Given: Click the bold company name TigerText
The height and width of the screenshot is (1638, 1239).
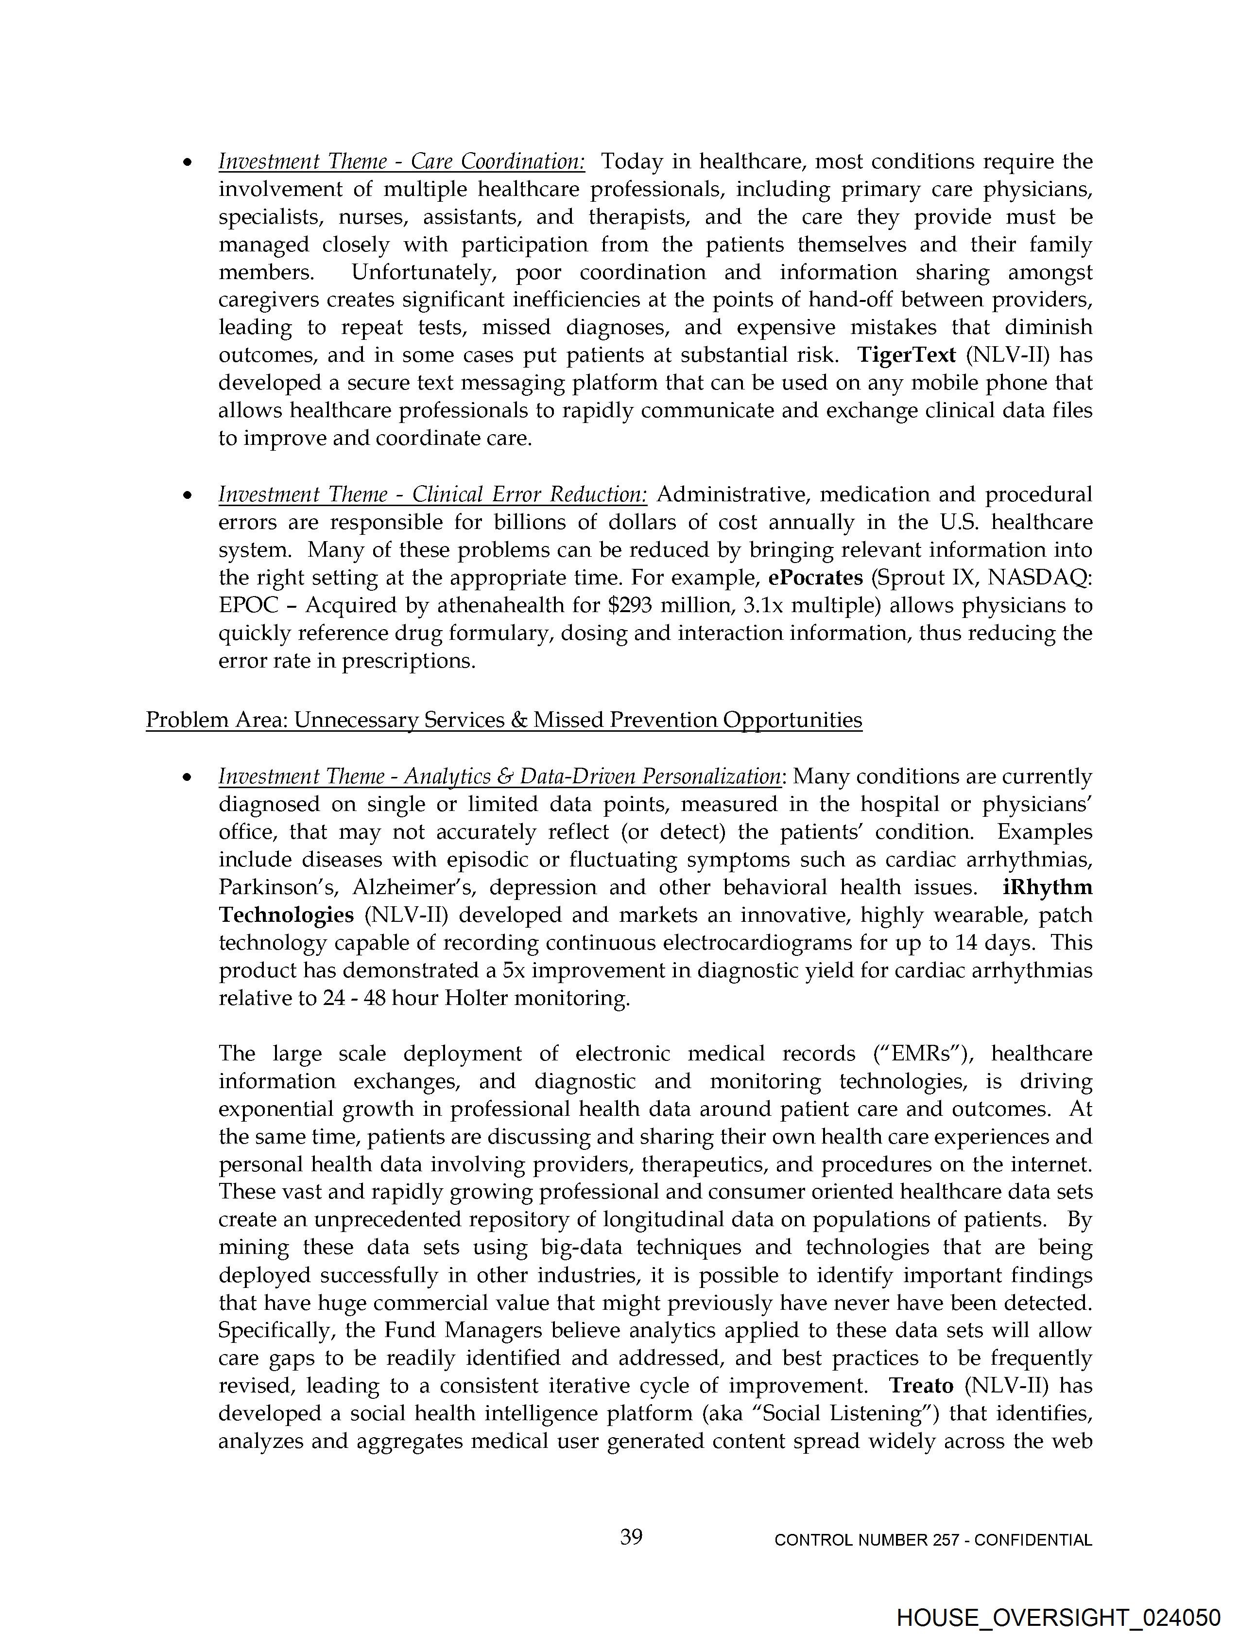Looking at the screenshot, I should pos(906,355).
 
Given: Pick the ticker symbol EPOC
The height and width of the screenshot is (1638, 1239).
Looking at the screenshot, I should pos(249,606).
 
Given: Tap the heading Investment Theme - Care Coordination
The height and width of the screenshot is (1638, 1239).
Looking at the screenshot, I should pos(401,161).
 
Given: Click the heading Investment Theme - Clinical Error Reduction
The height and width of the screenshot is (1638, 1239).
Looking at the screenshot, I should pos(432,494).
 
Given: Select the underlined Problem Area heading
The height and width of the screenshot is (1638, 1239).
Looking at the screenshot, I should pos(503,720).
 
